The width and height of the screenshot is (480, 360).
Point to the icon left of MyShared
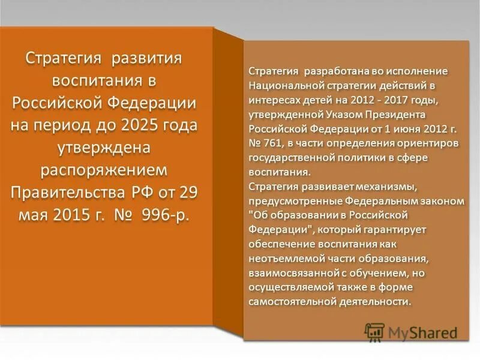374,331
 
